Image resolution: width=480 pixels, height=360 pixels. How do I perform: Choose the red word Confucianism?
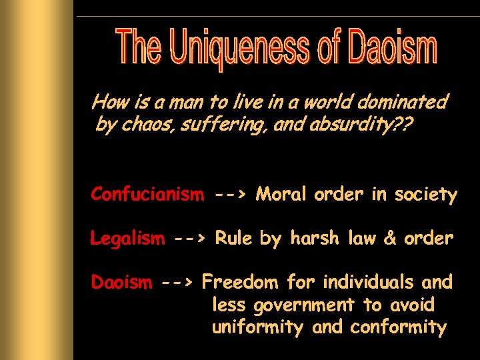coord(147,194)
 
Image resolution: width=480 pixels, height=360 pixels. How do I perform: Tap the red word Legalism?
coord(127,238)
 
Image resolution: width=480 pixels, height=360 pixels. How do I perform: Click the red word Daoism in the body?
coord(121,282)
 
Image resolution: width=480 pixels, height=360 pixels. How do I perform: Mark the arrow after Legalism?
coord(190,239)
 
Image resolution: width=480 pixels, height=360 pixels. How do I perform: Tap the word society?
coord(424,195)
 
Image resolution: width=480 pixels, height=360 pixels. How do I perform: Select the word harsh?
coord(314,238)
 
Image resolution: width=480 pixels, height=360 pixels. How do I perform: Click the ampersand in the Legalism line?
coord(389,238)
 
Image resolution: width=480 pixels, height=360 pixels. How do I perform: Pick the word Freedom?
coord(240,282)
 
